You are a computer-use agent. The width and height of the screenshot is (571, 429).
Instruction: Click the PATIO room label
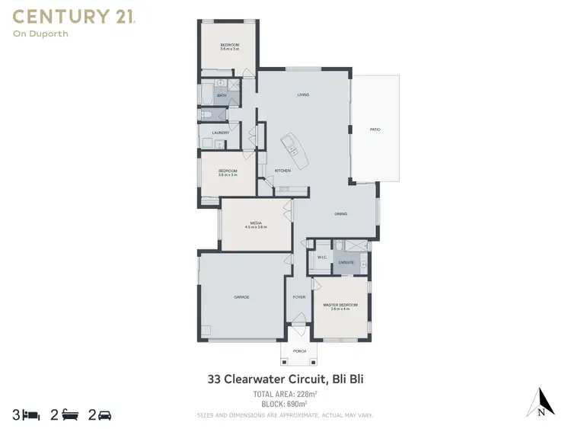click(x=375, y=130)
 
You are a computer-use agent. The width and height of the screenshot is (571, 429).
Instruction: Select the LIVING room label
click(x=303, y=94)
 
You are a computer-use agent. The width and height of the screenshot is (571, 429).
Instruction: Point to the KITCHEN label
click(x=282, y=170)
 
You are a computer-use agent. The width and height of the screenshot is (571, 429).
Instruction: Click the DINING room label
click(x=340, y=214)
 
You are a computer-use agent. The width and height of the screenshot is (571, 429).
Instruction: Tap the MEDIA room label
click(x=255, y=223)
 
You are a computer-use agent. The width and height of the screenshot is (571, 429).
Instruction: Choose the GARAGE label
click(x=241, y=296)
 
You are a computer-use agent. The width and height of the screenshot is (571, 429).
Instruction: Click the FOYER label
click(x=299, y=297)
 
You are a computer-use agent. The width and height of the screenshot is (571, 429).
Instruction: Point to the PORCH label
click(x=299, y=352)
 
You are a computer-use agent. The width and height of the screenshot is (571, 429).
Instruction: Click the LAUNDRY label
click(x=220, y=133)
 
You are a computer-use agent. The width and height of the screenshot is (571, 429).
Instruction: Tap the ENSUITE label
click(x=346, y=263)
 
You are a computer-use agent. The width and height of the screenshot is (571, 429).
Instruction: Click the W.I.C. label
click(x=322, y=257)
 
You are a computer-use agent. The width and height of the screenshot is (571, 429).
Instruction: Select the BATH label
click(x=222, y=95)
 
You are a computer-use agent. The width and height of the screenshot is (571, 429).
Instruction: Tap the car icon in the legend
click(x=105, y=415)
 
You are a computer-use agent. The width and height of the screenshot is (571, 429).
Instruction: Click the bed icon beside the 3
click(x=31, y=415)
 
